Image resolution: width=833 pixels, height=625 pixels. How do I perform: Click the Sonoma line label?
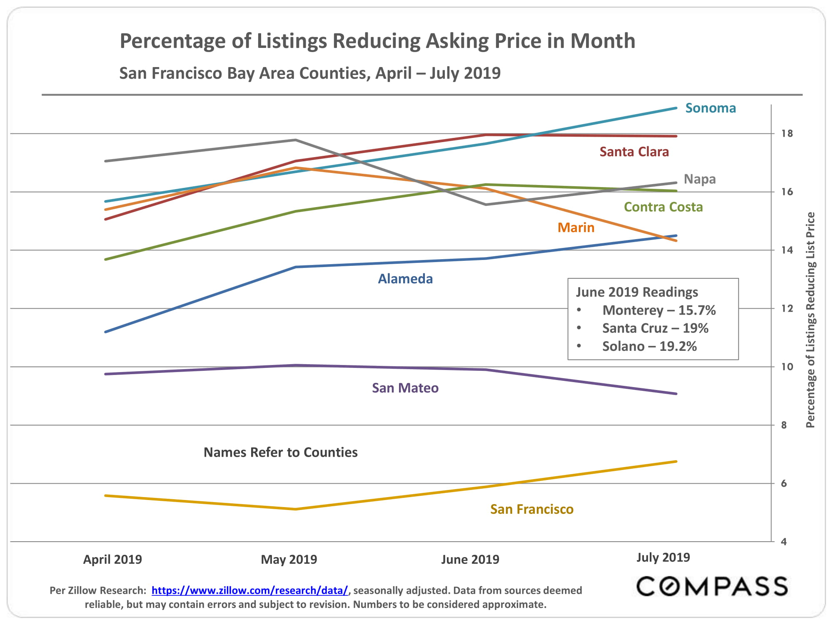point(711,108)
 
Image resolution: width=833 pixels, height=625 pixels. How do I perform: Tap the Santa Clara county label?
point(634,152)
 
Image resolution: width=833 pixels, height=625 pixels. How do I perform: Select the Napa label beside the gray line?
point(700,179)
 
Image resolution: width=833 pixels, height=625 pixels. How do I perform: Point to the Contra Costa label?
point(663,207)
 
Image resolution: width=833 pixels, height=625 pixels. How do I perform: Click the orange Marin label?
point(576,227)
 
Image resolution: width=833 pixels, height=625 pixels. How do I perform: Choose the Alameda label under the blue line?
point(405,279)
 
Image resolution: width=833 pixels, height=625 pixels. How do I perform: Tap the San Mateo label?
point(405,388)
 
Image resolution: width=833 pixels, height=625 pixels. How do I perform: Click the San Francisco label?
point(532,509)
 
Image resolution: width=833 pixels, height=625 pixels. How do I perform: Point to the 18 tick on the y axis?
point(787,134)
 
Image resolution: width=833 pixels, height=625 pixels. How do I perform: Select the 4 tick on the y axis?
point(784,542)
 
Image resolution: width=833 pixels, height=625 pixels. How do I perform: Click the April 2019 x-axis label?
point(112,559)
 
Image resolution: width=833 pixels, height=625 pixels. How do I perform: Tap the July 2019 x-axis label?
point(663,557)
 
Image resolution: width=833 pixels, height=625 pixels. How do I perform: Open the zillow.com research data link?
point(249,590)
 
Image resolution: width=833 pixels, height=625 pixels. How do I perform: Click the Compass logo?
point(712,586)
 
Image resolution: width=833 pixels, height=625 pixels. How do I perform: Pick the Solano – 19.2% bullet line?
point(649,346)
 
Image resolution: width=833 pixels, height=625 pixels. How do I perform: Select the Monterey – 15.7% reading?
point(659,310)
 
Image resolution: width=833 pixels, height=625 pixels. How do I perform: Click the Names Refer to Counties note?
point(280,452)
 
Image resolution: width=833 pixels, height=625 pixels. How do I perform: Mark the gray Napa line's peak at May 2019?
point(295,140)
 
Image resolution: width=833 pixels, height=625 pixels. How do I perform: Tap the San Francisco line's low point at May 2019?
point(295,509)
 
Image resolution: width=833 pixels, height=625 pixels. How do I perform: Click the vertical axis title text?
point(811,320)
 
